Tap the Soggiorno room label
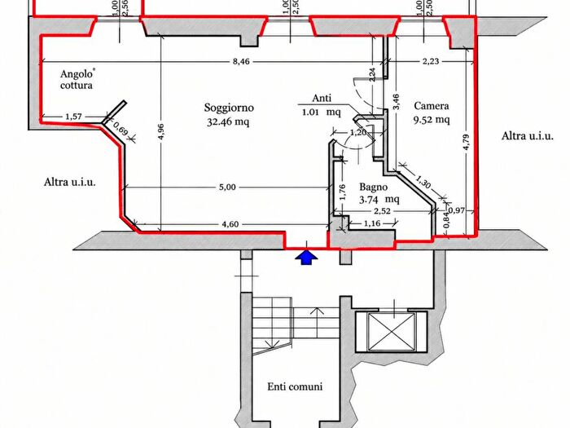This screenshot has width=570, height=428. tap(229, 108)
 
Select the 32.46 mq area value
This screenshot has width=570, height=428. tap(228, 122)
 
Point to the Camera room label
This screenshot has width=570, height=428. tap(432, 106)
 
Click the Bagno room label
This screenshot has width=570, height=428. tap(373, 188)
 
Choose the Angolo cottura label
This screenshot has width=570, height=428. tap(77, 80)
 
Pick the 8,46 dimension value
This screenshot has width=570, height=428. tap(241, 61)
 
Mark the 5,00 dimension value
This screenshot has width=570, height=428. tap(227, 188)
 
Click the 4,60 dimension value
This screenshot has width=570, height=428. tap(230, 224)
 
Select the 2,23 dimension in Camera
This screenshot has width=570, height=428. tap(431, 61)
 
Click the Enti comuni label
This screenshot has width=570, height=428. tap(295, 386)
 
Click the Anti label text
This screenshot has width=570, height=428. tap(322, 99)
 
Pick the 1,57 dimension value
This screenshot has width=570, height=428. tap(73, 117)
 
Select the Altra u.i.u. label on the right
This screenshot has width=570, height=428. tap(528, 136)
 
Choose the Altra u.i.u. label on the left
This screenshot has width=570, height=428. tap(70, 182)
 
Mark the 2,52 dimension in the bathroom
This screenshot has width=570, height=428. tap(382, 211)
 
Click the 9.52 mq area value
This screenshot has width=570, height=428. tap(432, 120)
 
